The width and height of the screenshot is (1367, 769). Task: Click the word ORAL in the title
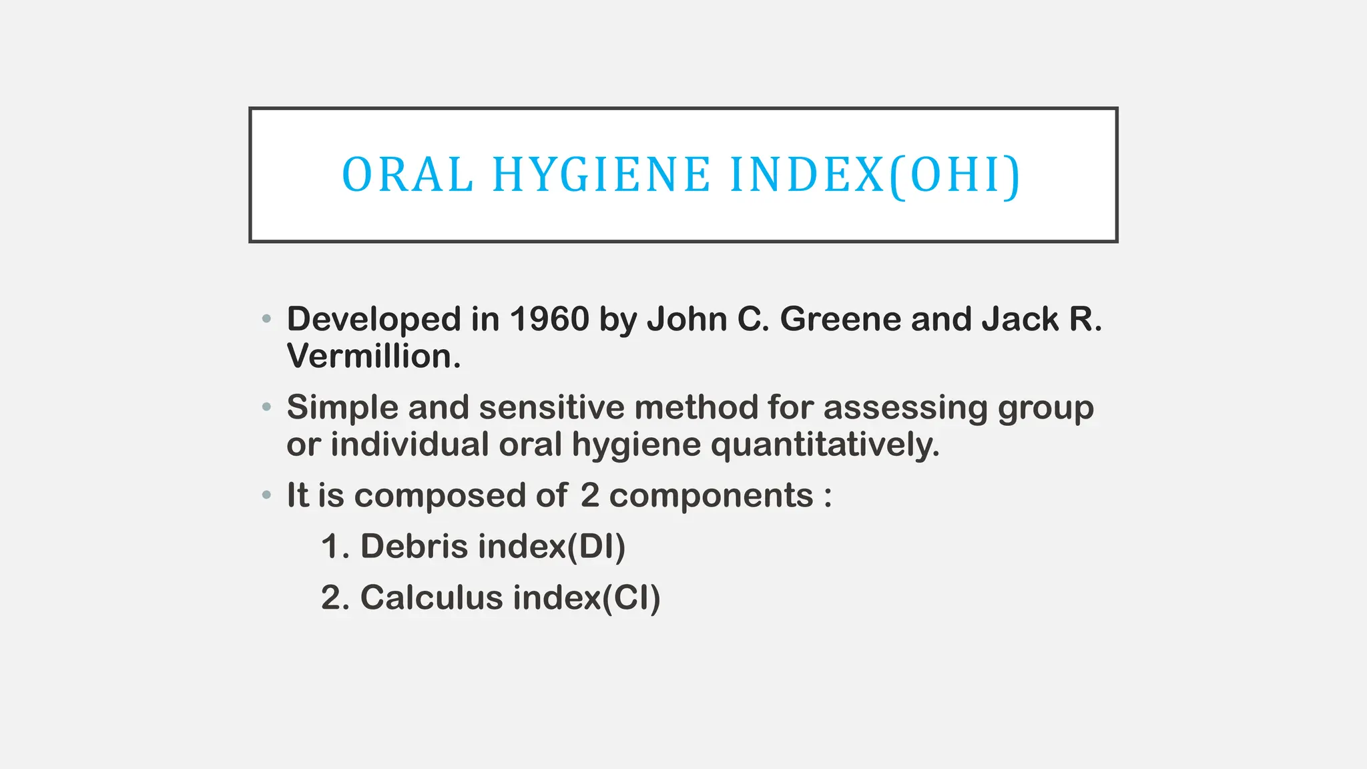[407, 175]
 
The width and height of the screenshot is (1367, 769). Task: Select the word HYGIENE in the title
[601, 175]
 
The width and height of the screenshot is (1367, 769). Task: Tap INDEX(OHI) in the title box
[875, 175]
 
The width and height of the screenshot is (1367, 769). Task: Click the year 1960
[549, 319]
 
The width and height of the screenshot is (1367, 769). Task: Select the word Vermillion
[373, 356]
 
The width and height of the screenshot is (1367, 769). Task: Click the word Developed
[373, 319]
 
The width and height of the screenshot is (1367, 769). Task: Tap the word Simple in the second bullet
[342, 407]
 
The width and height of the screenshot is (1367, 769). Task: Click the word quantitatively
[825, 445]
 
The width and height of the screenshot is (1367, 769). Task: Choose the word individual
[409, 445]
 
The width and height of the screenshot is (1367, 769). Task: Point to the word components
[711, 495]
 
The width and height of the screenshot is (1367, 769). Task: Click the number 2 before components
[589, 495]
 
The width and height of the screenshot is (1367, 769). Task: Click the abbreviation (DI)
[596, 546]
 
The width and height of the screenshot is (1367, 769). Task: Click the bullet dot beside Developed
[267, 319]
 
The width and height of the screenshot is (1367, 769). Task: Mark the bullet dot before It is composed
[267, 495]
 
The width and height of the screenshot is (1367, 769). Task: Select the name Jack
[1020, 319]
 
